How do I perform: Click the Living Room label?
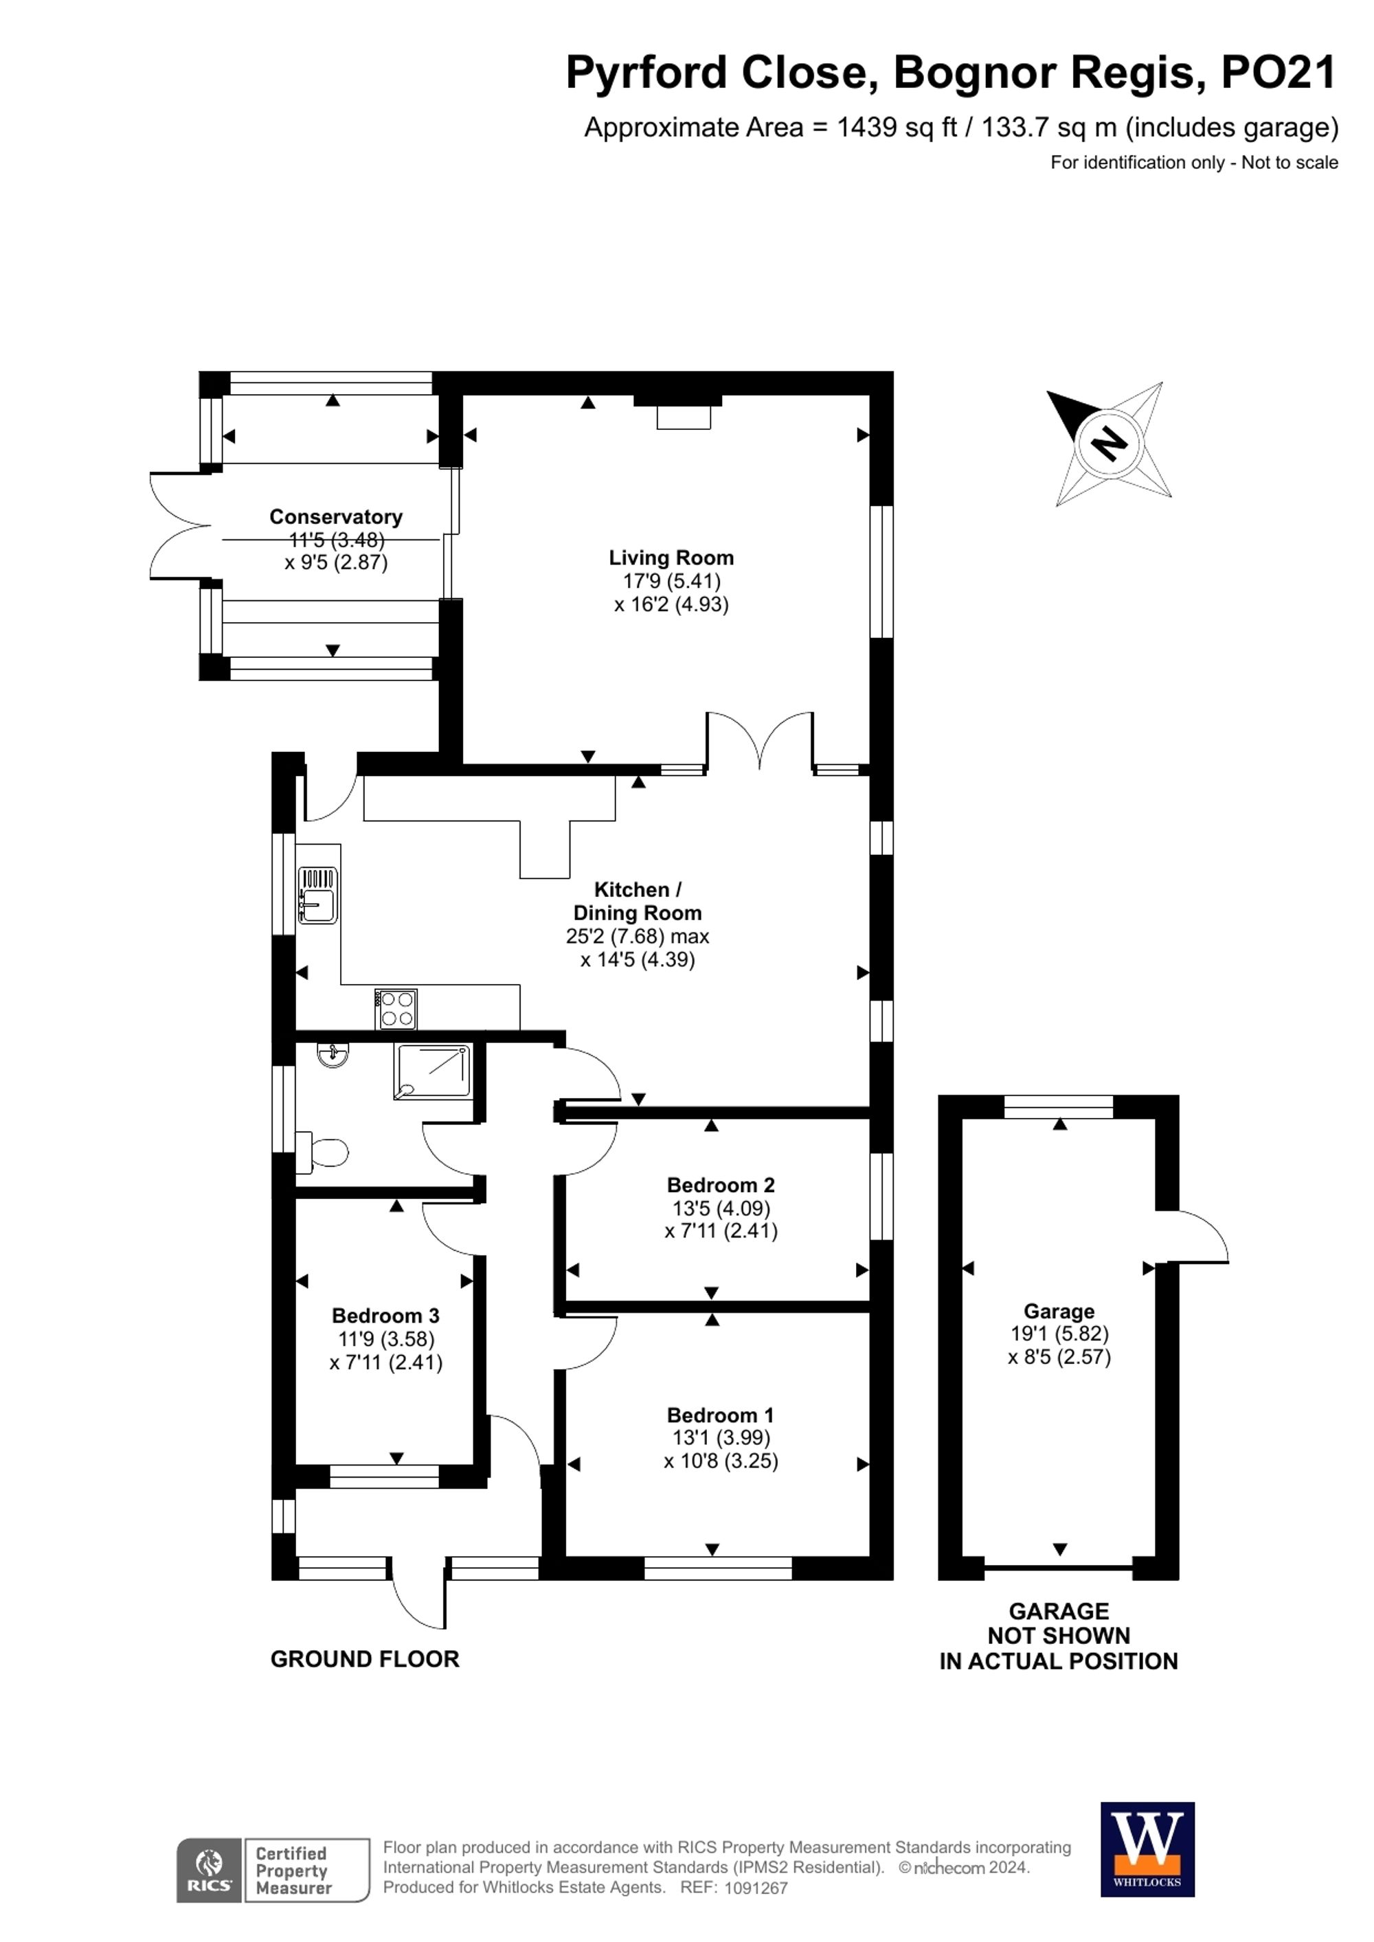click(x=671, y=558)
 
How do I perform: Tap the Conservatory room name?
click(x=335, y=517)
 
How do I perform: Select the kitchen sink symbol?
click(x=317, y=895)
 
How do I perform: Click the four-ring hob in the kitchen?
click(x=396, y=1009)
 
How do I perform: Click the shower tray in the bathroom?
click(x=432, y=1072)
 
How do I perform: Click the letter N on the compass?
click(x=1108, y=443)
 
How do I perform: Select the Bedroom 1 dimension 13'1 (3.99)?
click(x=721, y=1438)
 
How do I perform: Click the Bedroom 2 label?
click(x=721, y=1186)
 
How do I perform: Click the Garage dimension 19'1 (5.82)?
click(x=1059, y=1334)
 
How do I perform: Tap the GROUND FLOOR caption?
click(x=365, y=1660)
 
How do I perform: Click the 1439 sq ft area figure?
click(x=896, y=128)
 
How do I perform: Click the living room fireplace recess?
click(x=684, y=415)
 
